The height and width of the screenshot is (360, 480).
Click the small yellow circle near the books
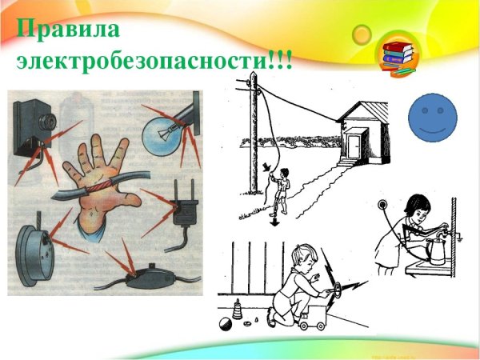[362, 34]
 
